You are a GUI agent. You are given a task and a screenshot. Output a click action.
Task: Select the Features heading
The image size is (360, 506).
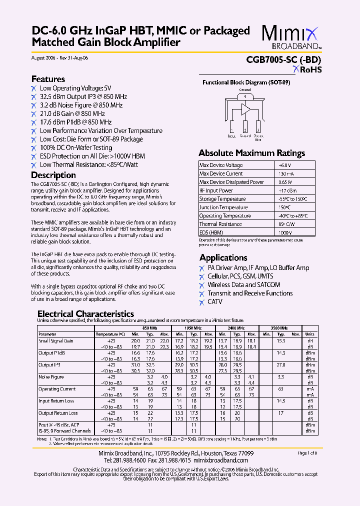pos(48,79)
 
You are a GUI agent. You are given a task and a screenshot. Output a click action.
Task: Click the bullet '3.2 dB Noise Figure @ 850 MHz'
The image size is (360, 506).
pos(81,105)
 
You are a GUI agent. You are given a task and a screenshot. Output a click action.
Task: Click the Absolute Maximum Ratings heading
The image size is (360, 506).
pos(251,153)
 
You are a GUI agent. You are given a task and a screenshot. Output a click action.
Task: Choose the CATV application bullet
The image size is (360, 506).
pos(215,302)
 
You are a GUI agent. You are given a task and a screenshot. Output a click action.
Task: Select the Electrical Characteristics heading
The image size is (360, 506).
pos(85,314)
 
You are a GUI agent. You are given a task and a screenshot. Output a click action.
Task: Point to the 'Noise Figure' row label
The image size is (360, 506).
pos(51,377)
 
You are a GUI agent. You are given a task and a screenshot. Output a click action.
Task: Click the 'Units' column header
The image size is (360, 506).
pos(310,334)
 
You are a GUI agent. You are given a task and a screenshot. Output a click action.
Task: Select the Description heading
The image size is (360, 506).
pos(53,175)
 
